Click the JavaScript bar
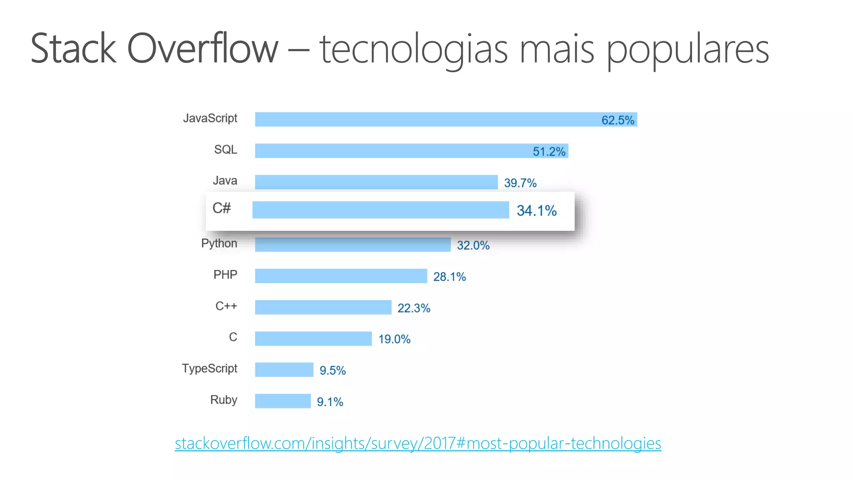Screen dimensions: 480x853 pyautogui.click(x=425, y=120)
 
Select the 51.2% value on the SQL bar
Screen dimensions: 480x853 pyautogui.click(x=549, y=151)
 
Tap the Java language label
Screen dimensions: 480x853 pyautogui.click(x=225, y=181)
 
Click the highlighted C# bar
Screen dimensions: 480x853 pyautogui.click(x=380, y=210)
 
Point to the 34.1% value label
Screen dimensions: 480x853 pyautogui.click(x=536, y=211)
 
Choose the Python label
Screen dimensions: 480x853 pyautogui.click(x=219, y=243)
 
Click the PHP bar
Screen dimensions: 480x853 pyautogui.click(x=341, y=276)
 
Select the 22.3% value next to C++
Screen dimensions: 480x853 pyautogui.click(x=414, y=308)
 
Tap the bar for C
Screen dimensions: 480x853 pyautogui.click(x=313, y=339)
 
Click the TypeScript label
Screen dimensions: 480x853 pyautogui.click(x=210, y=368)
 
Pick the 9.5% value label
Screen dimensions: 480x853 pyautogui.click(x=332, y=370)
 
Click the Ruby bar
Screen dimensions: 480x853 pyautogui.click(x=283, y=401)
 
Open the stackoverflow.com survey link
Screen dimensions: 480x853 pyautogui.click(x=418, y=443)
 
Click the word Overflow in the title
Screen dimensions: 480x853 pyautogui.click(x=202, y=49)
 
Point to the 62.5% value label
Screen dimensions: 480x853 pyautogui.click(x=617, y=120)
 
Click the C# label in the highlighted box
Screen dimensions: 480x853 pyautogui.click(x=221, y=208)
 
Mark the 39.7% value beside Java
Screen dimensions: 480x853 pyautogui.click(x=520, y=183)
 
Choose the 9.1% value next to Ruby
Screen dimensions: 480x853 pyautogui.click(x=330, y=402)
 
